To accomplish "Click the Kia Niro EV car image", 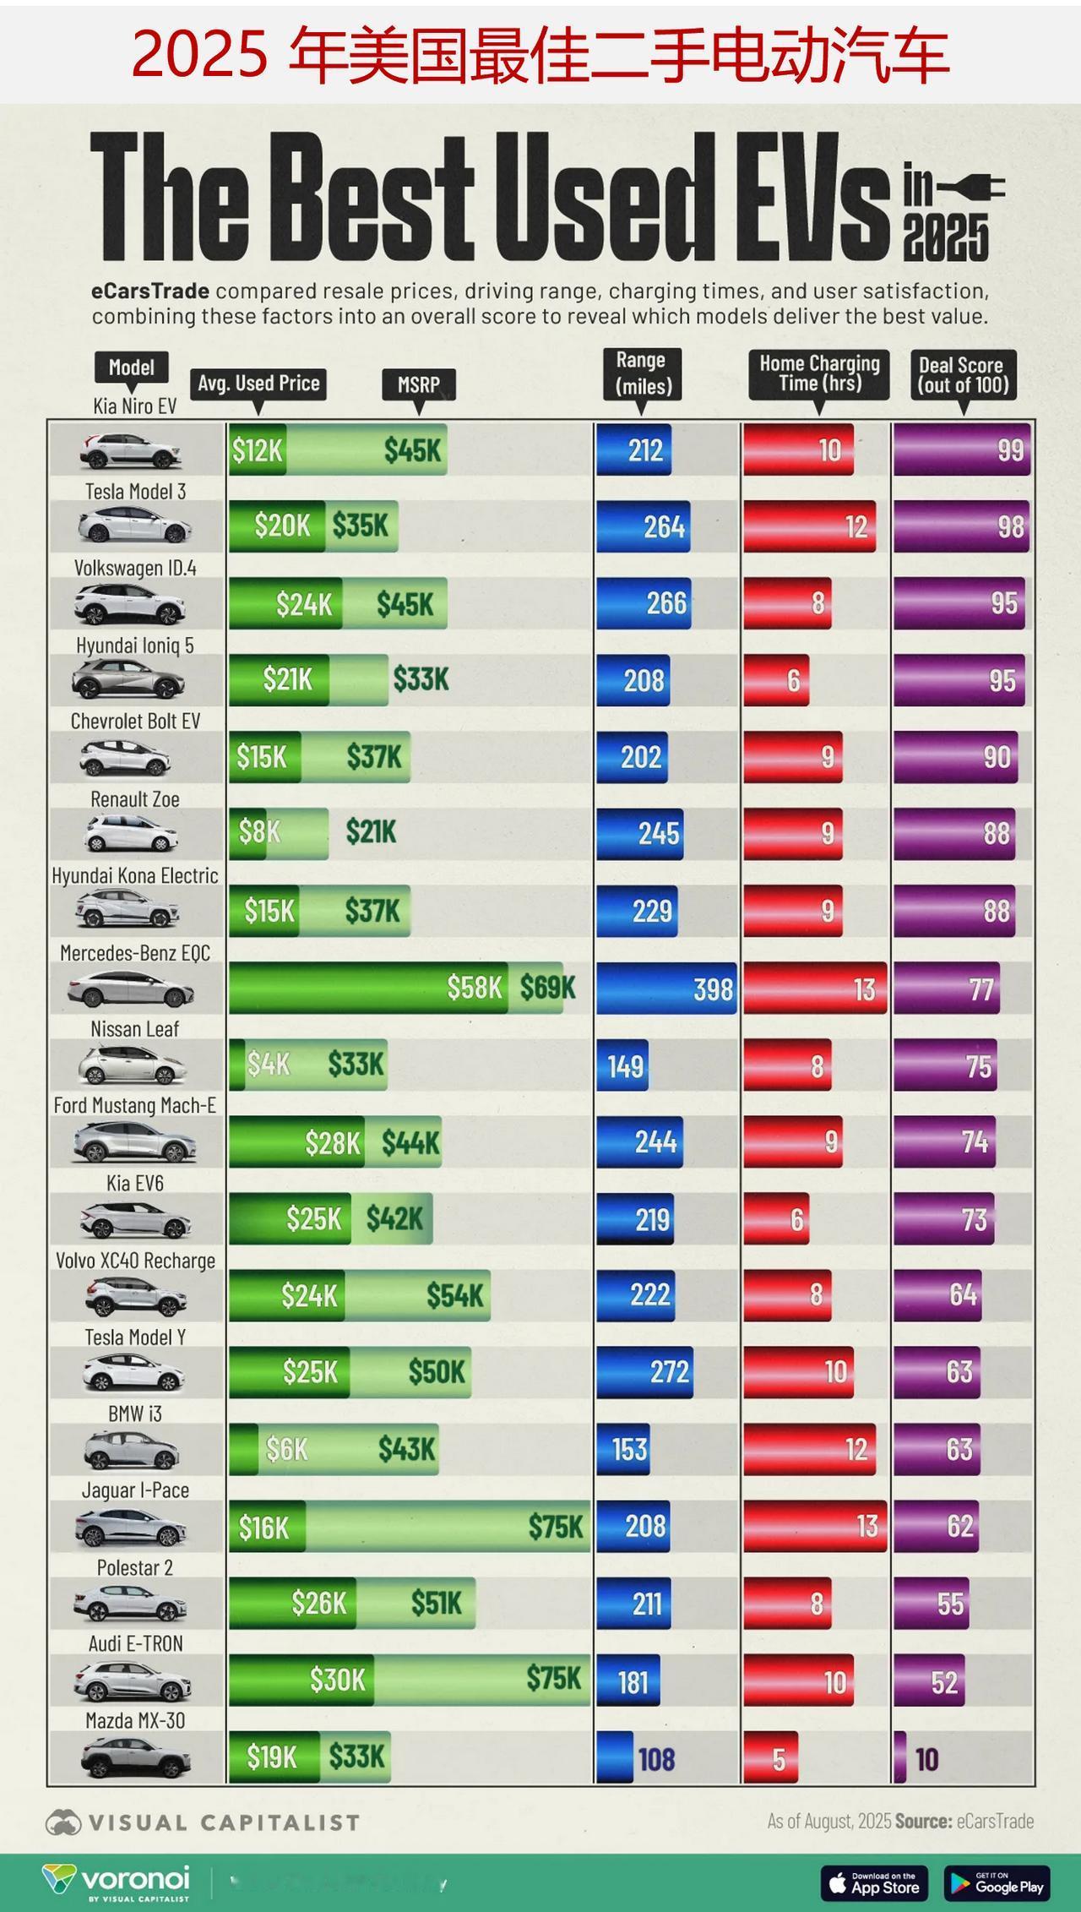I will pyautogui.click(x=131, y=451).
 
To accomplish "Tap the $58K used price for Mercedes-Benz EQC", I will pyautogui.click(x=474, y=987).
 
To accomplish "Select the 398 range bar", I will pyautogui.click(x=666, y=988).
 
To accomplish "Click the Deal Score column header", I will pyautogui.click(x=963, y=375).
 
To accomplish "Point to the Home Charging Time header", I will pyautogui.click(x=819, y=373).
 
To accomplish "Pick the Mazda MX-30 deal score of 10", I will pyautogui.click(x=926, y=1759).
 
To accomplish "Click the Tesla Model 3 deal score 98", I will pyautogui.click(x=1010, y=526).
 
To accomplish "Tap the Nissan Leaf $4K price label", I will pyautogui.click(x=268, y=1064).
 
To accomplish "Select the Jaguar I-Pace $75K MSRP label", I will pyautogui.click(x=555, y=1526).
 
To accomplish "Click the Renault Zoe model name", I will pyautogui.click(x=135, y=798).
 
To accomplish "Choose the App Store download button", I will pyautogui.click(x=874, y=1882).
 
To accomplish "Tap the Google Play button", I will pyautogui.click(x=997, y=1882).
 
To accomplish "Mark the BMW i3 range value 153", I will pyautogui.click(x=629, y=1449).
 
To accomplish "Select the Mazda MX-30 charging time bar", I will pyautogui.click(x=770, y=1757).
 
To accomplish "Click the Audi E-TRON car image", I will pyautogui.click(x=131, y=1681).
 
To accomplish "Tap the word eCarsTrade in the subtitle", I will pyautogui.click(x=150, y=291).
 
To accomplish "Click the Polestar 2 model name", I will pyautogui.click(x=135, y=1567).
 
